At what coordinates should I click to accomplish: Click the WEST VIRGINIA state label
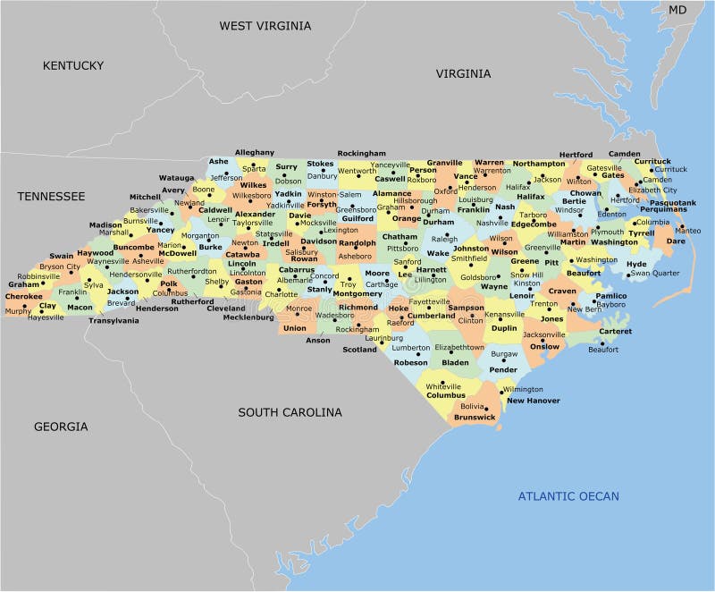tap(265, 26)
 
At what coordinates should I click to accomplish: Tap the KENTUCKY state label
tap(73, 65)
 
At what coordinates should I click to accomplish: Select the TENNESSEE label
tap(51, 196)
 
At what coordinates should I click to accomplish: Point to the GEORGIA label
tap(61, 427)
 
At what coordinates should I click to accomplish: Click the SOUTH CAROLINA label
tap(290, 412)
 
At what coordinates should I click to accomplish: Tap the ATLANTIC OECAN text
tap(568, 496)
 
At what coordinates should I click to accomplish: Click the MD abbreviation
tap(678, 10)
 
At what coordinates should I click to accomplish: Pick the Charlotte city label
tap(281, 294)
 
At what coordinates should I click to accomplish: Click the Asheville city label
tap(147, 261)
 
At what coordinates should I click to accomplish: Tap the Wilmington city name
tap(523, 390)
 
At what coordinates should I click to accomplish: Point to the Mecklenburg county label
tap(248, 317)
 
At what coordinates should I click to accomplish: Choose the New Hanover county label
tap(534, 401)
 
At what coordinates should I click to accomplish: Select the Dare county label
tap(677, 241)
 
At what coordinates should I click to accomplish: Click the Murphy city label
tap(18, 311)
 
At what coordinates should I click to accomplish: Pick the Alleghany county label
tap(255, 153)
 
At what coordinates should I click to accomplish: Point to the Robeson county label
tap(411, 363)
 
